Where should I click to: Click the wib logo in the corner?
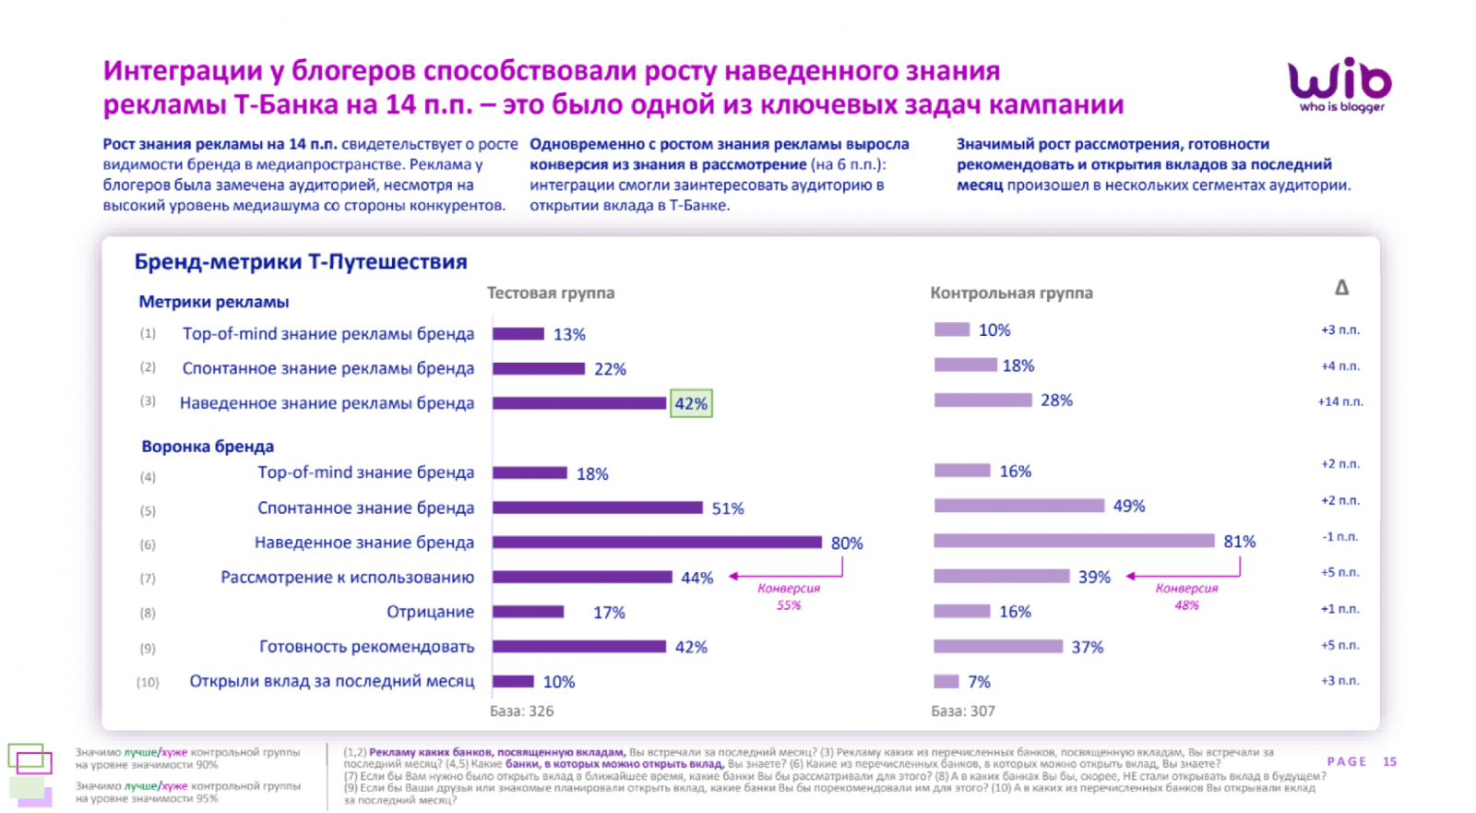[x=1339, y=83]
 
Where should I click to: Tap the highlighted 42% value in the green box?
[x=691, y=403]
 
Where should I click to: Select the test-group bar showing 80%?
[x=657, y=543]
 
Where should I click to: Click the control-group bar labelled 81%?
[x=1074, y=541]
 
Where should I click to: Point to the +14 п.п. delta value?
[x=1339, y=401]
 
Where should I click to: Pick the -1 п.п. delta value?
[x=1340, y=536]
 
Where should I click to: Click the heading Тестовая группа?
[x=551, y=293]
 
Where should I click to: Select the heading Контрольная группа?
[x=1011, y=293]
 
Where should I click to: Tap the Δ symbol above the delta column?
[x=1341, y=288]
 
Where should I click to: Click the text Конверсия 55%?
[x=789, y=596]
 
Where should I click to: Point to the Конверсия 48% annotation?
[x=1186, y=596]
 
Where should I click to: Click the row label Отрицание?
[x=430, y=612]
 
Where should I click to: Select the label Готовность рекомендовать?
[x=366, y=647]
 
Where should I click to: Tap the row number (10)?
[x=148, y=682]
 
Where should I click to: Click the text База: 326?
[x=522, y=711]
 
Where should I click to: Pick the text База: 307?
[x=963, y=711]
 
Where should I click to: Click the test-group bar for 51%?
[x=598, y=508]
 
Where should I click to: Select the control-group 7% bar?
[x=946, y=682]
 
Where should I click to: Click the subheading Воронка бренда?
[x=208, y=447]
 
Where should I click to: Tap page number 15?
[x=1389, y=761]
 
